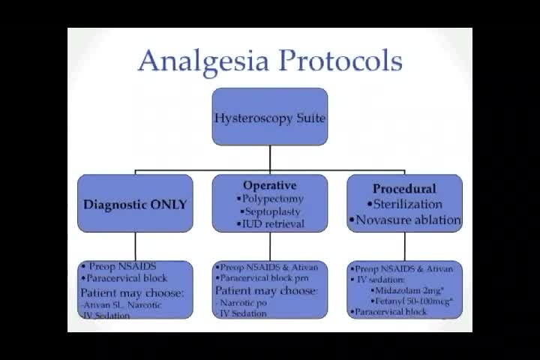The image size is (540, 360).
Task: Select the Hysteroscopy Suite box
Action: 270,117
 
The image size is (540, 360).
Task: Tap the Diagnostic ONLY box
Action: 135,203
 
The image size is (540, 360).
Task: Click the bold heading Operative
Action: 270,185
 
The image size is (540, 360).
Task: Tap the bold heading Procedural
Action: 404,188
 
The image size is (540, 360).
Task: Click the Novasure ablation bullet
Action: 405,220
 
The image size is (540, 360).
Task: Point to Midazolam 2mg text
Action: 412,289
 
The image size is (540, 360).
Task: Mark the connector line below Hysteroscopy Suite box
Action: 270,157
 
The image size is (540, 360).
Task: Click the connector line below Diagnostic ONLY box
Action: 135,246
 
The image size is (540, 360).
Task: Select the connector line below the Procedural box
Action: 405,246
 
